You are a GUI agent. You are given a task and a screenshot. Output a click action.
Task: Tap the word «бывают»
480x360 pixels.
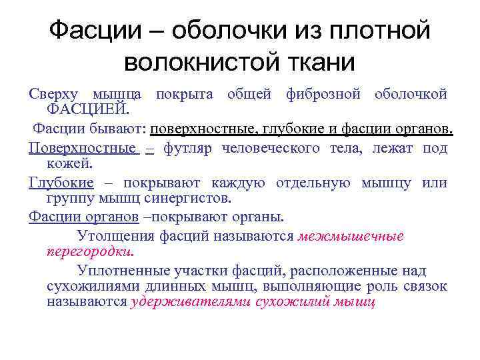[124, 128]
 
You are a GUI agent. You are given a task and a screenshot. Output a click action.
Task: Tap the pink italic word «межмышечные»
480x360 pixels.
[351, 236]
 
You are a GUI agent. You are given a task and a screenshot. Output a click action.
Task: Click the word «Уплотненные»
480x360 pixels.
[117, 271]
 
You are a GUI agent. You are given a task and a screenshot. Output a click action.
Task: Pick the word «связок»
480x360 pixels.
[426, 286]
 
